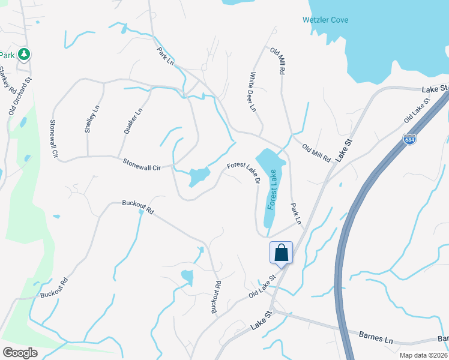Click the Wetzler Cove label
pyautogui.click(x=325, y=20)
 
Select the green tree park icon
pyautogui.click(x=24, y=55)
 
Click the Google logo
pyautogui.click(x=20, y=352)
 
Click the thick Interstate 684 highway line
pyautogui.click(x=360, y=198)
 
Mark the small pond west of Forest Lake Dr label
pyautogui.click(x=199, y=177)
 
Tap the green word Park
pyautogui.click(x=7, y=55)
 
